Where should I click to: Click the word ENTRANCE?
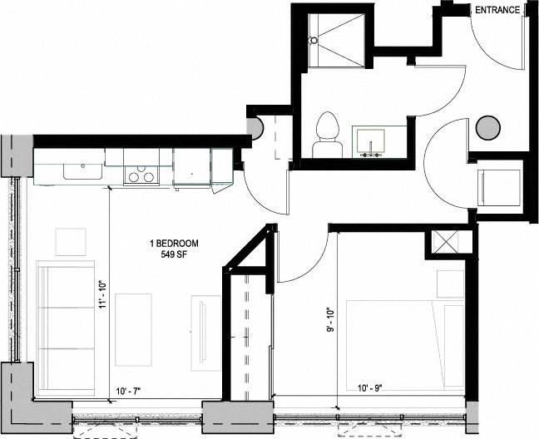coord(497,10)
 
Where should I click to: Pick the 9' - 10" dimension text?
coord(331,319)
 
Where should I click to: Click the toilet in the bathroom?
coord(327,135)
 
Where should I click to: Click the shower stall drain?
coord(314,40)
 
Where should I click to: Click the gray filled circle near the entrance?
coord(488,128)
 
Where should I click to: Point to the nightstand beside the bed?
coord(450,283)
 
